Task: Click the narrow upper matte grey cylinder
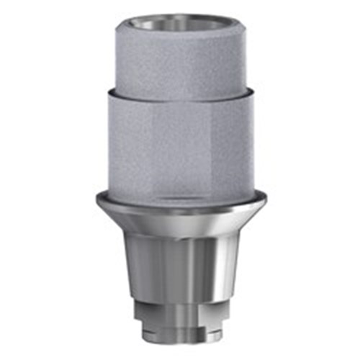180,61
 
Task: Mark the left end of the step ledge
106,92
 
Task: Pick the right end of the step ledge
254,92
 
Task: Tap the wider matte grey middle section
180,144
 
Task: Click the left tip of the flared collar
94,197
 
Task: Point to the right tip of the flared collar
266,197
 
